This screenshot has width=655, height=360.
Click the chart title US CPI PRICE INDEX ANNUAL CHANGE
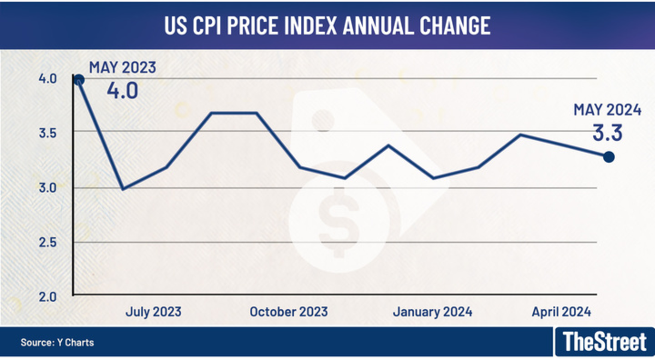327,26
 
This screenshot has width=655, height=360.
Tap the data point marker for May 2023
79,80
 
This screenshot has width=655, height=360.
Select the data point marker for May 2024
609,157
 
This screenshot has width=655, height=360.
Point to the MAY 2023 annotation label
123,68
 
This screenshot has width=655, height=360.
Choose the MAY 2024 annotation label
606,110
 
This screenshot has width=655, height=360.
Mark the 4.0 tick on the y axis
47,79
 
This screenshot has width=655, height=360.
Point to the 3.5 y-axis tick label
47,133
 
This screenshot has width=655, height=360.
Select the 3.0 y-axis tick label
47,188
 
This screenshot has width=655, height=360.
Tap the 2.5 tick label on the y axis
47,242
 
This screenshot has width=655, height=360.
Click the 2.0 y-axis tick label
47,297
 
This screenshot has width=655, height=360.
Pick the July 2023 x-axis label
153,312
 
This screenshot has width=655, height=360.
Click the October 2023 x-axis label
289,312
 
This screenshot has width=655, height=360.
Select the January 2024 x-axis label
432,312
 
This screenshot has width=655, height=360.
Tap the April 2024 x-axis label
561,312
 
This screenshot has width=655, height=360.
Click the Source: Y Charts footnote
57,343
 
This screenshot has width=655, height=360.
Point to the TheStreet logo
604,343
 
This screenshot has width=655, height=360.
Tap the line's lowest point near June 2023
123,189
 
